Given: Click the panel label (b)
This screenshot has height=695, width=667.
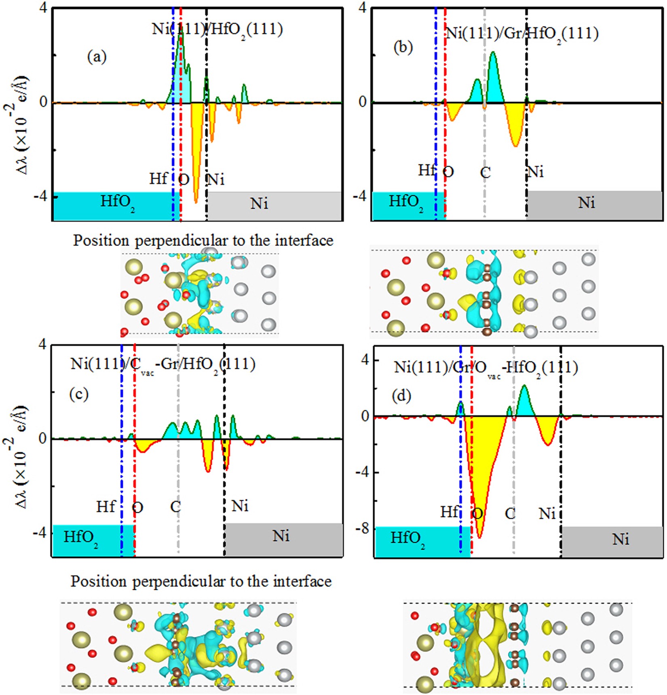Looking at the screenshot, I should click(403, 47).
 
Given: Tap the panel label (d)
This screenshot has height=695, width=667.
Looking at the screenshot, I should click(401, 396).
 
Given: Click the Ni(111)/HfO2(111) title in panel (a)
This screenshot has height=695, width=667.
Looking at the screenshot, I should click(217, 30).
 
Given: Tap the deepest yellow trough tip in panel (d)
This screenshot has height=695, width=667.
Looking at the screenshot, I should click(479, 537).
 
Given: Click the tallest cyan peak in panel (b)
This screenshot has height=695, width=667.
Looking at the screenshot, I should click(493, 53).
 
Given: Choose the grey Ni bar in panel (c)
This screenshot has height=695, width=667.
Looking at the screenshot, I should click(284, 539).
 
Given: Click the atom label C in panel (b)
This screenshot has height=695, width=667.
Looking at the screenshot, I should click(485, 173).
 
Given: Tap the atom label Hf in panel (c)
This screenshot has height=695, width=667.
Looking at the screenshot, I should click(106, 506).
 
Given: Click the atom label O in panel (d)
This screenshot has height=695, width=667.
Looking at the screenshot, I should click(477, 514).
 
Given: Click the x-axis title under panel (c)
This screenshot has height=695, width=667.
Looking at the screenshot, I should click(201, 581).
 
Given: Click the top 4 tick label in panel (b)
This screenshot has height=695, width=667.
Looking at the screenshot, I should click(362, 8).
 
